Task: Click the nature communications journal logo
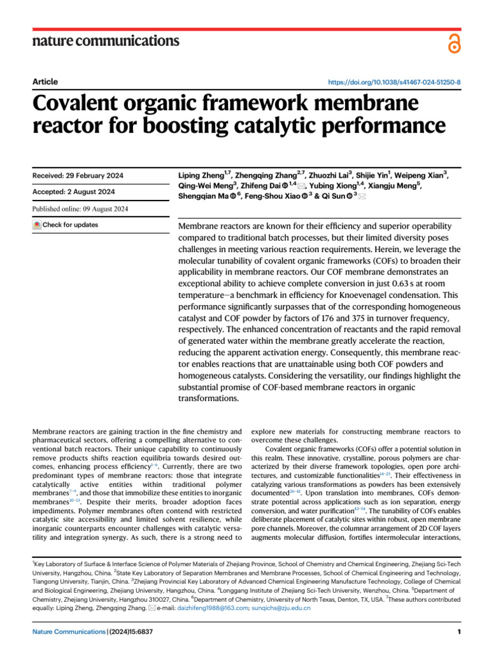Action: (x=106, y=41)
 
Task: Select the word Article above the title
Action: (x=45, y=81)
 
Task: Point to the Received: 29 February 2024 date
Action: (x=78, y=176)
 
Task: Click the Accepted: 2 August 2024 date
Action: (x=73, y=192)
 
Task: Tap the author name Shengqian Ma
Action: (x=200, y=197)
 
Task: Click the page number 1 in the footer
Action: (x=458, y=632)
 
